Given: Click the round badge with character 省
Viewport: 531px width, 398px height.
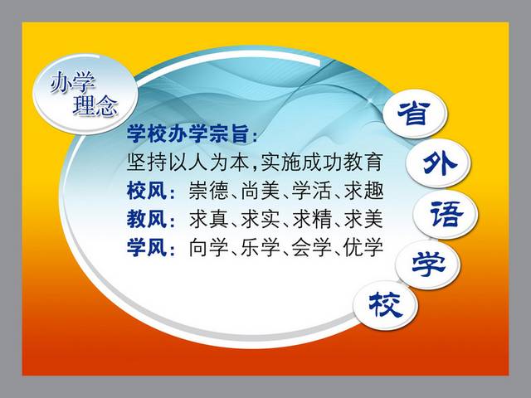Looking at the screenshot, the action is (415, 114).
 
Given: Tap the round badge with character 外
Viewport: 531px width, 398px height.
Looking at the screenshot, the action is (438, 164).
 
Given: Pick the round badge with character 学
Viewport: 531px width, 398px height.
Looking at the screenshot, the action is (429, 265).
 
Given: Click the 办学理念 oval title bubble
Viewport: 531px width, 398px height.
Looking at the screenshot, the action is (85, 94).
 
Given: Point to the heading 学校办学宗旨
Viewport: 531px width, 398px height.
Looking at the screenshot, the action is (188, 133).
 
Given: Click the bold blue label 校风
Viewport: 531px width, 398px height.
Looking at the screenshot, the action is (147, 191).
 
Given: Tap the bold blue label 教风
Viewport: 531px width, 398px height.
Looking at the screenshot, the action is (147, 219).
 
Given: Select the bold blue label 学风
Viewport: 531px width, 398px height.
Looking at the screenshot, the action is (147, 247).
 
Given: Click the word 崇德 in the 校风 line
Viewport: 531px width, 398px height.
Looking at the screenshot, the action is (208, 191).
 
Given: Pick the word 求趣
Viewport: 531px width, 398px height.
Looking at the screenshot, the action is (363, 191).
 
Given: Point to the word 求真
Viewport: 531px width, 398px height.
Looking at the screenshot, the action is (208, 219).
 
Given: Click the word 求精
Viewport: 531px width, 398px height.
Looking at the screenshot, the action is (312, 219).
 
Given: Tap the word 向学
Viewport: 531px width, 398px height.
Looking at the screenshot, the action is (208, 247).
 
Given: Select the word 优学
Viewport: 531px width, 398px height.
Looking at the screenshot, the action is (363, 247).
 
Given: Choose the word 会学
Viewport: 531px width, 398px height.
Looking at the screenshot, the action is (312, 247).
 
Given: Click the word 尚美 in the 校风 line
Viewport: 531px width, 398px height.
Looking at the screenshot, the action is (261, 191).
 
